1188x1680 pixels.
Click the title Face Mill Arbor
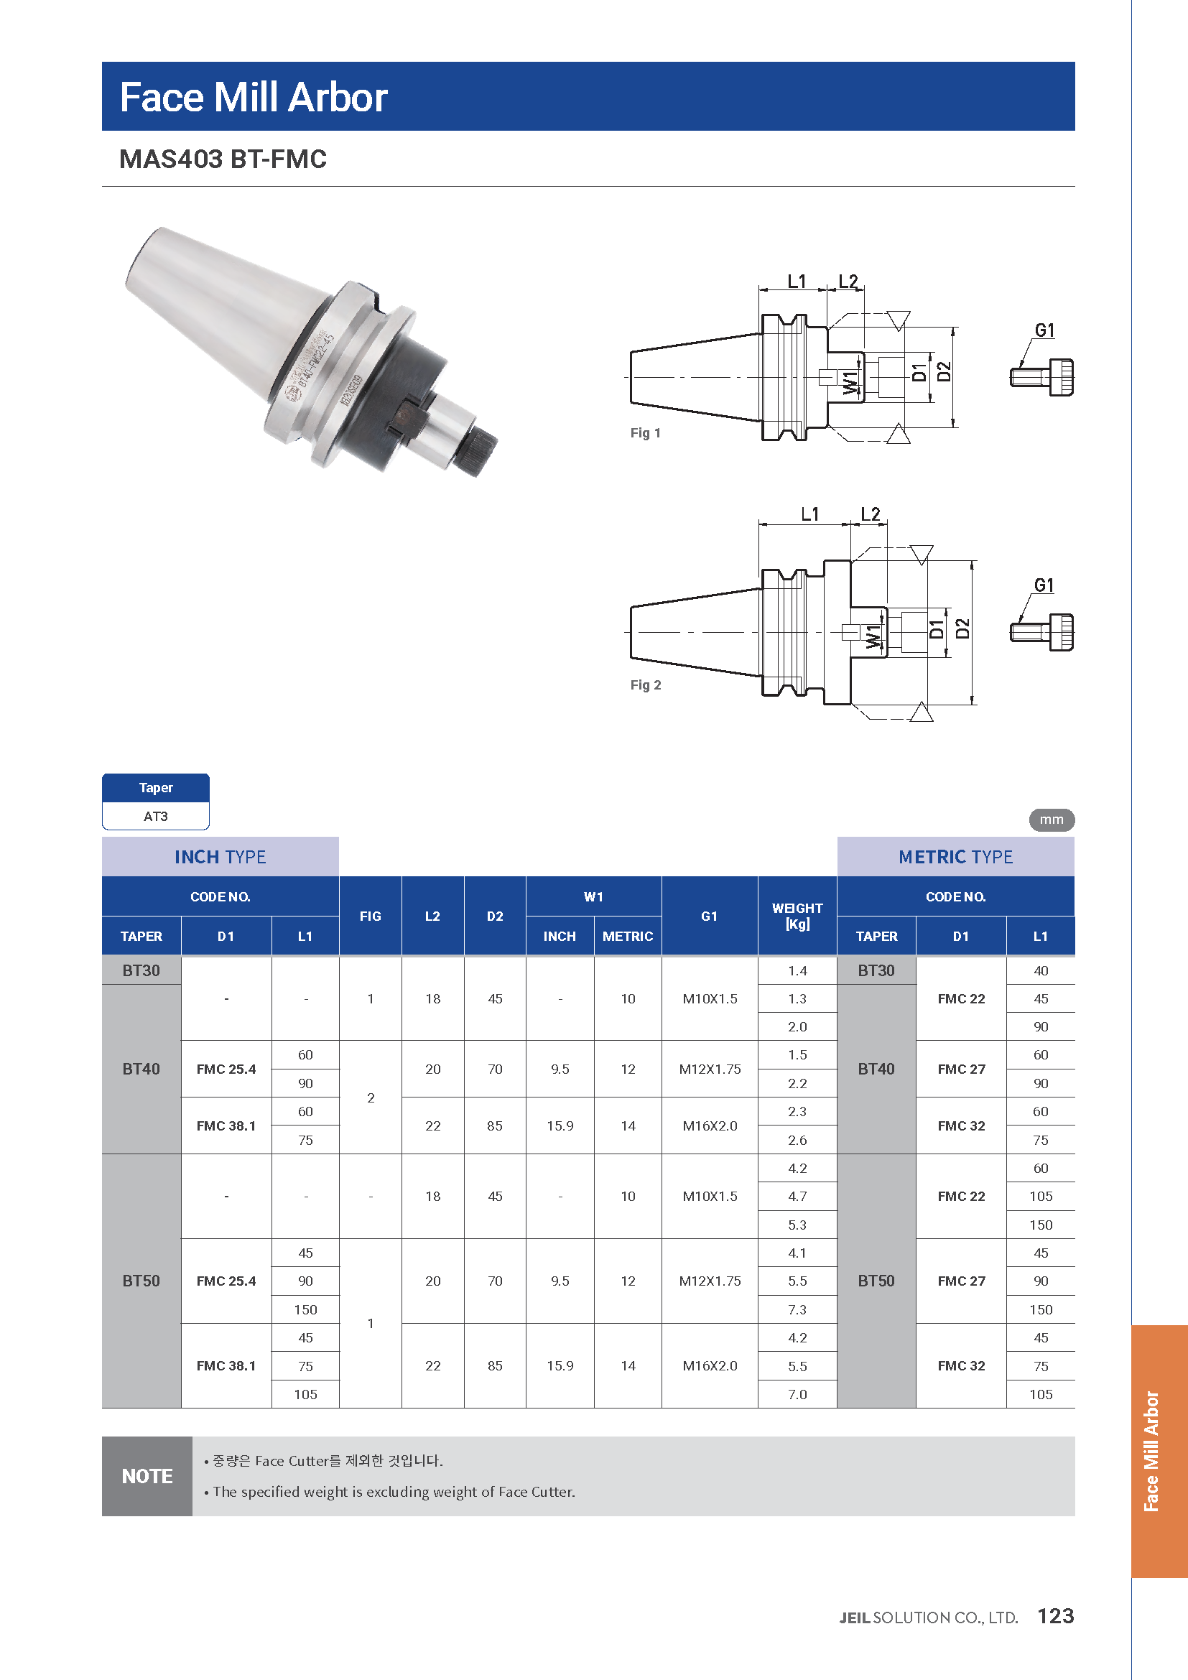253,97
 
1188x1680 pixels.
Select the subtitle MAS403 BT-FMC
223,159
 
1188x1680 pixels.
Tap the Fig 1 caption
645,433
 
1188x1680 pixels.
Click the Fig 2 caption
645,685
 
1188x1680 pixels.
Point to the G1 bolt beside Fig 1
1041,377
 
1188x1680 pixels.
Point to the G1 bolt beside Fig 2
1041,631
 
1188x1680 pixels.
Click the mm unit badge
1052,820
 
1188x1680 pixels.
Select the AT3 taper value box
156,816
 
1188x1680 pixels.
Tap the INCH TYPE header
221,857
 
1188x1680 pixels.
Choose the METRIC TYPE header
955,857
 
